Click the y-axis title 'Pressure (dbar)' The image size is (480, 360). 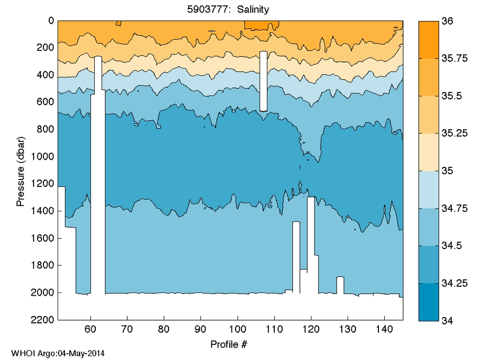(20, 170)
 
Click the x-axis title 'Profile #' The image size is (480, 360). (228, 344)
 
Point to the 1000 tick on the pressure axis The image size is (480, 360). (43, 156)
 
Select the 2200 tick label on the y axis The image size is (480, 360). (43, 319)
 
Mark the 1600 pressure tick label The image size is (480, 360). (43, 238)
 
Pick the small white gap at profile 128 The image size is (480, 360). (340, 285)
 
